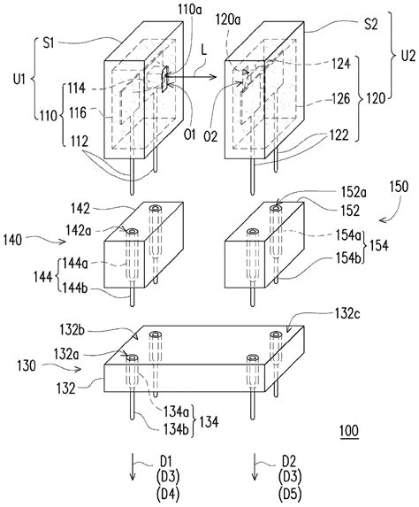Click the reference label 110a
click(190, 10)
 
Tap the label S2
click(371, 25)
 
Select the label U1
click(19, 80)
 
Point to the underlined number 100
click(349, 431)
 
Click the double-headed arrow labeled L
click(191, 77)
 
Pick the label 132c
click(347, 314)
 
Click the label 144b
click(74, 288)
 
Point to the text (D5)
click(289, 494)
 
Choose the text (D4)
click(168, 494)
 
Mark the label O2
click(210, 136)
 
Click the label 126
click(340, 99)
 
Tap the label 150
click(399, 187)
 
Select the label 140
click(13, 241)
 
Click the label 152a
click(353, 193)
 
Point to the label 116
click(78, 113)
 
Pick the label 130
click(27, 366)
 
